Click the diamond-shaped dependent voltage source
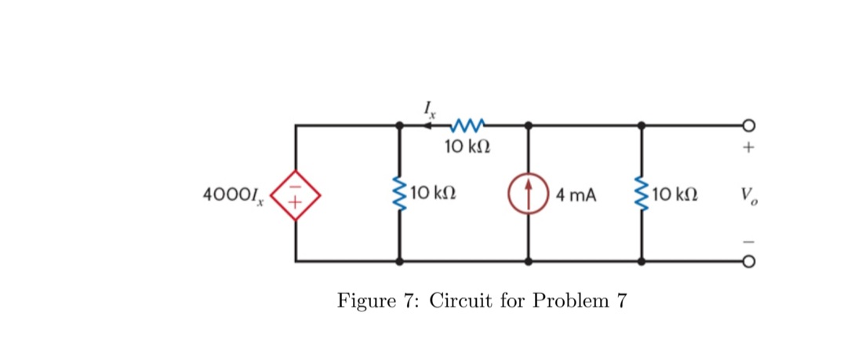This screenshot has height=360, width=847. coord(296,193)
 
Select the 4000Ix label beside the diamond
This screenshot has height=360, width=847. coord(233,193)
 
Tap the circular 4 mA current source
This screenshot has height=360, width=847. coord(529,193)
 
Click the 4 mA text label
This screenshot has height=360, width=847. coord(576,194)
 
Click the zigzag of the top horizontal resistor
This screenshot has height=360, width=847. coord(468,124)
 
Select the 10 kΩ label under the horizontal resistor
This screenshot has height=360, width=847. coord(468,146)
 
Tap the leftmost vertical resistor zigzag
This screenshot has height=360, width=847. coord(399,193)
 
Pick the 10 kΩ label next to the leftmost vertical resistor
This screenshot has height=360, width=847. coord(433,193)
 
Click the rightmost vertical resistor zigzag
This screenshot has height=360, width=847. coord(642,193)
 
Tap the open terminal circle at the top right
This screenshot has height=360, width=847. coord(748,125)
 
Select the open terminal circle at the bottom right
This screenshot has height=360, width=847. coord(748,262)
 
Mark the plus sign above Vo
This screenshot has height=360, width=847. coord(748,147)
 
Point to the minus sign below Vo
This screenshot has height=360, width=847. coord(748,239)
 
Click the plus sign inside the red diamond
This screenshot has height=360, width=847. coord(296,202)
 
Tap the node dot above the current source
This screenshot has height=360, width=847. coord(529,125)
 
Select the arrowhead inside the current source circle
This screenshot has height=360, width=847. coord(529,187)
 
